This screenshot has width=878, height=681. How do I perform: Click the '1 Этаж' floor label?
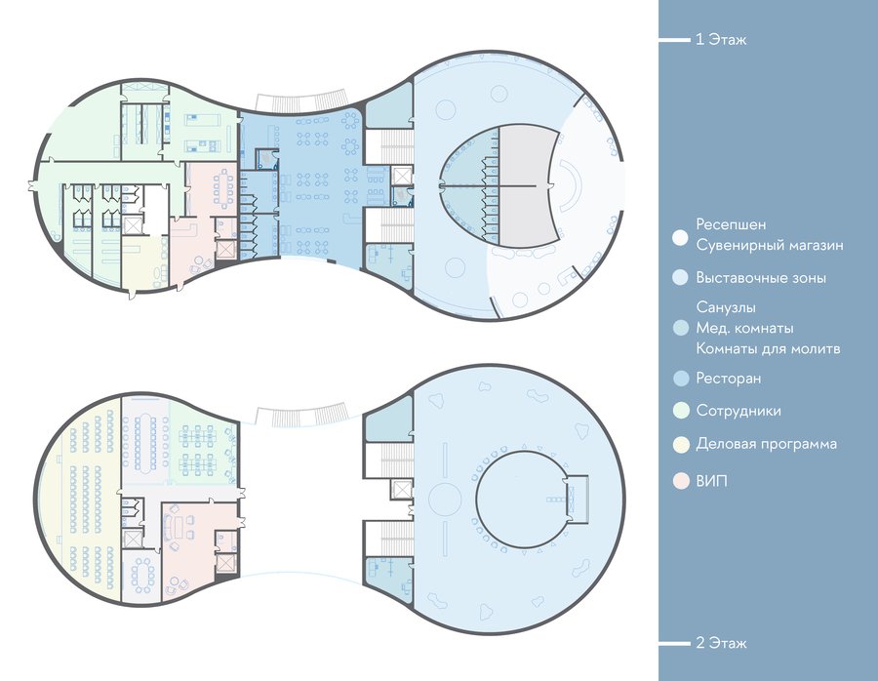point(721,40)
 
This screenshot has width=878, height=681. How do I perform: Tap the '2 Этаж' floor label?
point(721,643)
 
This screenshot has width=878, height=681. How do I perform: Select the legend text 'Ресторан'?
point(729,379)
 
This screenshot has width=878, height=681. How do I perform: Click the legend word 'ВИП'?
point(712,481)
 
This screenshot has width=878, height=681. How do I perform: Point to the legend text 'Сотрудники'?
point(738,411)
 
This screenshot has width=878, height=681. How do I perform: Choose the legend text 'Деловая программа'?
point(766,444)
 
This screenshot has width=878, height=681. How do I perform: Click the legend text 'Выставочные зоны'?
point(761,278)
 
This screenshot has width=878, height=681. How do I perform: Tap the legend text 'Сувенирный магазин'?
point(770,245)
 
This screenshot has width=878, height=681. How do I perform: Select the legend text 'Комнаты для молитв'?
point(769,349)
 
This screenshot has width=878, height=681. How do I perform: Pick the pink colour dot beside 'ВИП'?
point(681,481)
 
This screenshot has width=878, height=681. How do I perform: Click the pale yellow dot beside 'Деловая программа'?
point(681,445)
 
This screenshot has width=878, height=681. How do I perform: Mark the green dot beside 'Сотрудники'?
point(681,411)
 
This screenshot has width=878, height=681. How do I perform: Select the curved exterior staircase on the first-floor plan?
point(302,100)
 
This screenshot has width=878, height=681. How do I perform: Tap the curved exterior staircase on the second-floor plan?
point(302,415)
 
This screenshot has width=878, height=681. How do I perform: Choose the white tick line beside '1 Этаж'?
point(674,40)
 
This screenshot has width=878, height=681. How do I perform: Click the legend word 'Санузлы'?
point(726,307)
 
